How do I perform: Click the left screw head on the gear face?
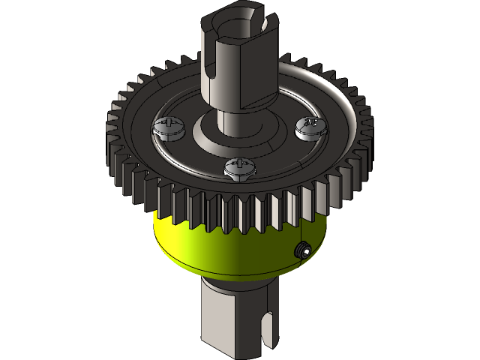[167, 128]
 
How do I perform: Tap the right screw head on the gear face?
[310, 127]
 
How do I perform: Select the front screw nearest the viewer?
[239, 168]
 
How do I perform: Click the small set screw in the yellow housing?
[302, 250]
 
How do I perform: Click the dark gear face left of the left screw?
[139, 135]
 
